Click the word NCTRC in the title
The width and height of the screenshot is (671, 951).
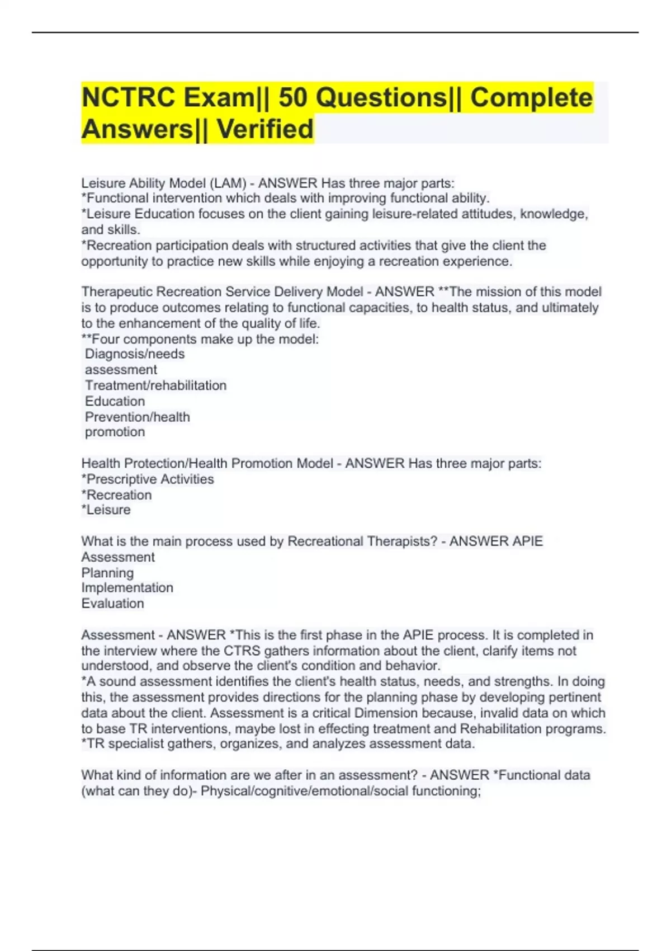point(128,98)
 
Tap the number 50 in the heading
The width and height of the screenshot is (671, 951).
point(292,98)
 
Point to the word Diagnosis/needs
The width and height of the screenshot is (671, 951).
point(135,354)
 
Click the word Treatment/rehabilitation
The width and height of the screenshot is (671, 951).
point(155,385)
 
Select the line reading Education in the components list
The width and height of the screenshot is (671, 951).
point(115,401)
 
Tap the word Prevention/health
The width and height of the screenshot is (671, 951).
point(138,417)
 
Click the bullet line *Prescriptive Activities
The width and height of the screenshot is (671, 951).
point(148,479)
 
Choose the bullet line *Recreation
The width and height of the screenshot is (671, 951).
point(116,495)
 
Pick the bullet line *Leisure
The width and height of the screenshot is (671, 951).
point(106,510)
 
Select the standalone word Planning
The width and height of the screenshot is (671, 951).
point(107,573)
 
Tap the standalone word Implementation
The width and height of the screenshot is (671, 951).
point(127,588)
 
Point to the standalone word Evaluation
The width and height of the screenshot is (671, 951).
point(112,604)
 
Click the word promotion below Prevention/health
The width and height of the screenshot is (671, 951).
point(115,432)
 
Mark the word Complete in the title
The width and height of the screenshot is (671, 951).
point(531,98)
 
